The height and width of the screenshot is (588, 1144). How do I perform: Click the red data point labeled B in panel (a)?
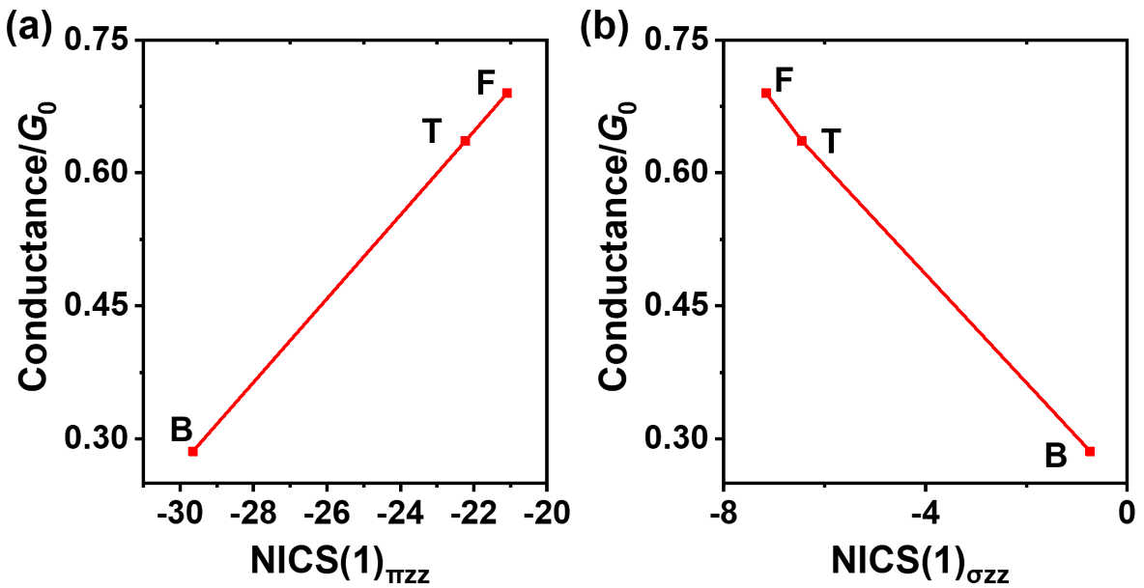(x=192, y=451)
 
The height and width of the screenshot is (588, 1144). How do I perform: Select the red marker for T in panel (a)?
(x=465, y=141)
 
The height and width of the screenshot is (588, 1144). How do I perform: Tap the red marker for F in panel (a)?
(x=507, y=93)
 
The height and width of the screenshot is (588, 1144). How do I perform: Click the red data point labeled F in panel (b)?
(x=766, y=93)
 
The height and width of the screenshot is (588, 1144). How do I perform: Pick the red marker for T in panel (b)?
(x=802, y=141)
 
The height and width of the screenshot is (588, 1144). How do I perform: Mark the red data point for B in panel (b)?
(x=1090, y=451)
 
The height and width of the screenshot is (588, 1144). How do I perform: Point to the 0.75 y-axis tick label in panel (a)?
(x=100, y=40)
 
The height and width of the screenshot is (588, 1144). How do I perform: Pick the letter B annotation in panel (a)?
(x=182, y=430)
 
